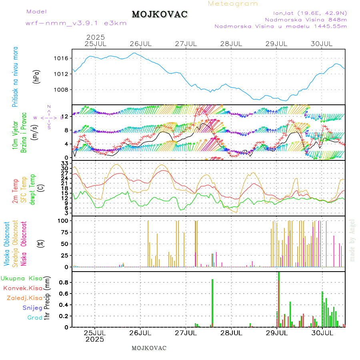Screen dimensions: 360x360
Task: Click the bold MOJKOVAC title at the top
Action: click(160, 14)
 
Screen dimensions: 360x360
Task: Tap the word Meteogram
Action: click(233, 4)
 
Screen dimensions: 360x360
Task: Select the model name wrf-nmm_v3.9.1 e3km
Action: click(76, 23)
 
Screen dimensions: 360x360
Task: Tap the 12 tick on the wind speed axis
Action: click(66, 116)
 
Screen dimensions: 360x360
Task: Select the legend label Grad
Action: click(35, 318)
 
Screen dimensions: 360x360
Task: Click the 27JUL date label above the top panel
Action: click(186, 43)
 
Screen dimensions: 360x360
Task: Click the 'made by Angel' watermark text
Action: click(352, 240)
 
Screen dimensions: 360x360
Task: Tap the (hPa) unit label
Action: click(37, 76)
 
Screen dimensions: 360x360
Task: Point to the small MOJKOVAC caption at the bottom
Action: click(149, 348)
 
